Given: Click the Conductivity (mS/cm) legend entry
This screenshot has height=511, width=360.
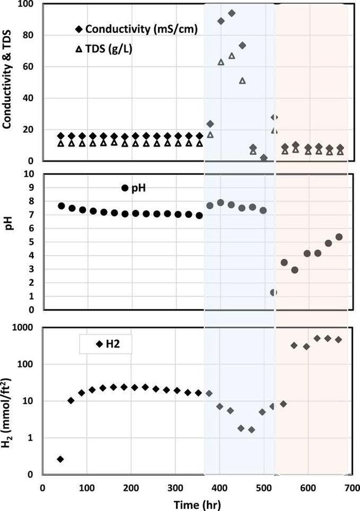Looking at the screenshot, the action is point(137,29).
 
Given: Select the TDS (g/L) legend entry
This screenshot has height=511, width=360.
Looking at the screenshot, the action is point(104,49).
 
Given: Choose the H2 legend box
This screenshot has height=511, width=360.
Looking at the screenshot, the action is point(105,344).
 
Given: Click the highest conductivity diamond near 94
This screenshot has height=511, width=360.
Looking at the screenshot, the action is point(232,13).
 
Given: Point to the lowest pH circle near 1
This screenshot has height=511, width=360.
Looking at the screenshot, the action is point(274,293).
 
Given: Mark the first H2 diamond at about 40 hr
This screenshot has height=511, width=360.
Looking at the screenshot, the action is point(60,459).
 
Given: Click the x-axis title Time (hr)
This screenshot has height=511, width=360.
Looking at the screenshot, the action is point(197,505).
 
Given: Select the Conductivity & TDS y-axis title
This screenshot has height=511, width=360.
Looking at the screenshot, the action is point(7,80).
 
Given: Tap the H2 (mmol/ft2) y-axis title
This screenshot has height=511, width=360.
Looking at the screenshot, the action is point(7,413).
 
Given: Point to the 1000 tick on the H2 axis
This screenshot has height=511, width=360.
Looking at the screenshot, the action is point(23,327).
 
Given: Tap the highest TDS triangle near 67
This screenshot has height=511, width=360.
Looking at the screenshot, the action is point(232,56).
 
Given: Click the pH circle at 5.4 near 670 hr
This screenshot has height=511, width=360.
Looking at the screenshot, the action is point(339,237).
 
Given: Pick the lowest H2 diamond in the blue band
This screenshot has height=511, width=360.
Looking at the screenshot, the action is point(251,430).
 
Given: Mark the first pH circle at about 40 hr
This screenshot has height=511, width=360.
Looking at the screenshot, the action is point(61,206).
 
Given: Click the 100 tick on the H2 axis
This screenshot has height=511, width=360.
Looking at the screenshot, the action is point(25,364).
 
